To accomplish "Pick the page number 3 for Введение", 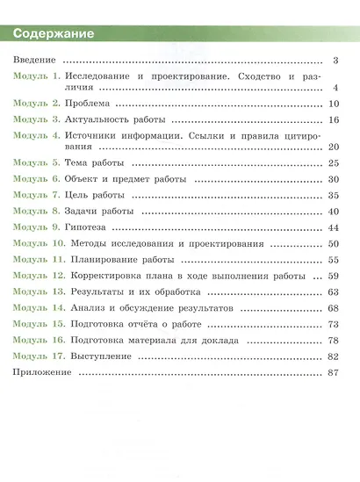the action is click(x=335, y=61).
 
